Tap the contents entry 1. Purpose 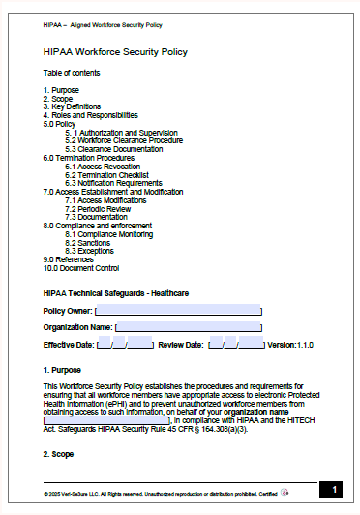click(61, 90)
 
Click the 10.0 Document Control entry click(81, 267)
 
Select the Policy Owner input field click(178, 311)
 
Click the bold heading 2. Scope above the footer click(61, 453)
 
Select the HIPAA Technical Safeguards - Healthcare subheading click(115, 292)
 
